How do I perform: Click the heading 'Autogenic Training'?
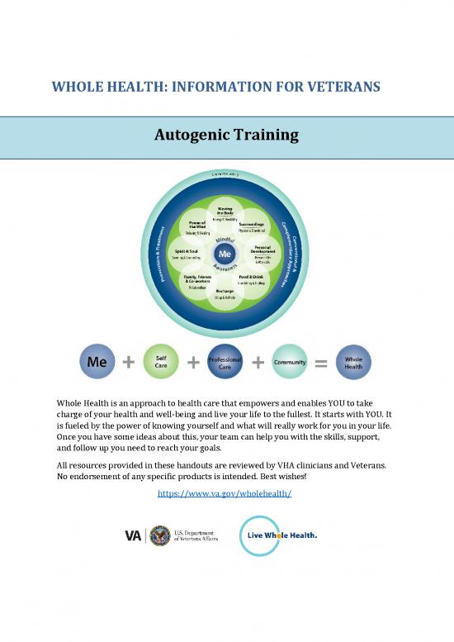click(x=226, y=134)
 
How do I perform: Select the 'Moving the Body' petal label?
click(x=225, y=210)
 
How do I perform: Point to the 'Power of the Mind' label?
click(x=197, y=225)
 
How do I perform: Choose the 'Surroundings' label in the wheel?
click(x=251, y=224)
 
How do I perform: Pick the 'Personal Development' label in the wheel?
click(x=263, y=249)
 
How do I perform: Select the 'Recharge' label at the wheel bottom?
click(x=225, y=292)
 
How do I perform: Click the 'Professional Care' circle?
click(x=225, y=362)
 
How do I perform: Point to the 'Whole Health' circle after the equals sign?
click(x=354, y=362)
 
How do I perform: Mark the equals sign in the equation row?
click(x=322, y=362)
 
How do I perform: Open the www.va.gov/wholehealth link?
click(x=225, y=493)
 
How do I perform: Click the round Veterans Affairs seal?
click(x=160, y=535)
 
